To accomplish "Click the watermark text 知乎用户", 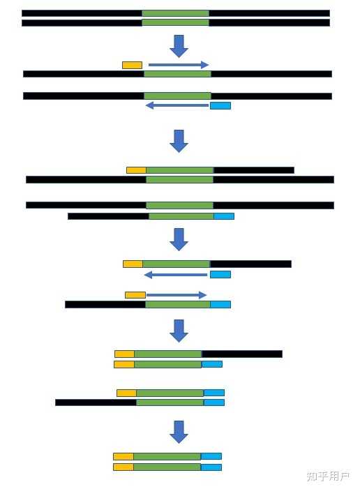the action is [327, 476].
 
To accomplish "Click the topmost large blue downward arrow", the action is [179, 46].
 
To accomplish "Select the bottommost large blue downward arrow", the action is [179, 432].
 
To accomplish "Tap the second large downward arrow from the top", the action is [179, 141].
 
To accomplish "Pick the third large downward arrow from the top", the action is [179, 239].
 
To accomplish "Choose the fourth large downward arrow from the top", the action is [179, 331].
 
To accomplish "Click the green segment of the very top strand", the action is [175, 13].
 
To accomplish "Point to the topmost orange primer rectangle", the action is [133, 65].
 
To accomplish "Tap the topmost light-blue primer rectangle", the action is [220, 106].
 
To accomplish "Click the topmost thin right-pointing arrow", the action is [179, 65].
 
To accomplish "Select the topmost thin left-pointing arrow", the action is [177, 105].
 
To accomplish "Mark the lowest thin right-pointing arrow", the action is [177, 295].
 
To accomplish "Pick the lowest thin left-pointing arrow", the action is [176, 275].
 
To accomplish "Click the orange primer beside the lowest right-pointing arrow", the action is [135, 295].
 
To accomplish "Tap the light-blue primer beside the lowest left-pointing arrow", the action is [220, 274].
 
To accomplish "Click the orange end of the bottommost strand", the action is [123, 467].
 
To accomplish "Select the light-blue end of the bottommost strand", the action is [211, 467].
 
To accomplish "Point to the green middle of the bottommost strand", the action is [167, 467].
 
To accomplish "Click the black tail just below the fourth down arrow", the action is [242, 354].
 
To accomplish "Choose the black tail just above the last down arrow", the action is [96, 403].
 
